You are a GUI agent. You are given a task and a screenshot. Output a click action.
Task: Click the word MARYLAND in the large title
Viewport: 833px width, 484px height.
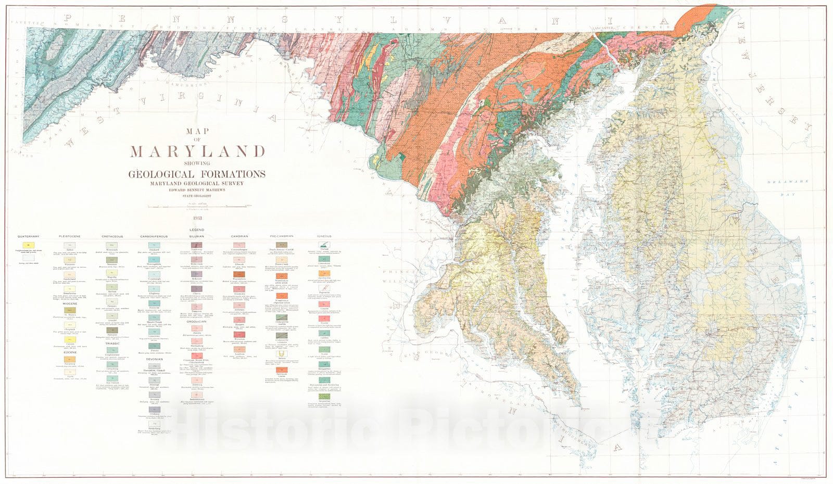pos(197,151)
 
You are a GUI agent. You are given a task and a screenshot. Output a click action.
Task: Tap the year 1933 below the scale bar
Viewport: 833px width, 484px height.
pos(197,218)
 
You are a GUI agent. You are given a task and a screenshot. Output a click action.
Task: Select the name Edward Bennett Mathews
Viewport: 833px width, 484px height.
pos(197,190)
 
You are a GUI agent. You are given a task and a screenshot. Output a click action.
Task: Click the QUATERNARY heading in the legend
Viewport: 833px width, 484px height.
pos(28,237)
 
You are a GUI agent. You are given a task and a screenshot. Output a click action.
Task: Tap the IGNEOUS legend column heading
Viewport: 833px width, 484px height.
pos(324,237)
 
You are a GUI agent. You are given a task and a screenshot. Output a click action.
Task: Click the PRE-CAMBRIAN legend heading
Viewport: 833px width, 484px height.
pos(282,237)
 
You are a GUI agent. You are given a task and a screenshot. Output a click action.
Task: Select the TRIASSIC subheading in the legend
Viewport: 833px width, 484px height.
pos(112,343)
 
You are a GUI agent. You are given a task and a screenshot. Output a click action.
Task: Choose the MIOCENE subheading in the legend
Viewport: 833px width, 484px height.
pos(70,304)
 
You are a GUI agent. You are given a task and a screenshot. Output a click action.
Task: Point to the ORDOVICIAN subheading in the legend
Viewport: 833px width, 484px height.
pos(197,322)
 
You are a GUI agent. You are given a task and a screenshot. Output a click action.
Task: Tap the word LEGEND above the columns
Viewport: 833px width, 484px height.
pos(197,230)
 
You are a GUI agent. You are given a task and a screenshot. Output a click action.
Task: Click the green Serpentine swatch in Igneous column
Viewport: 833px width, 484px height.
pos(324,396)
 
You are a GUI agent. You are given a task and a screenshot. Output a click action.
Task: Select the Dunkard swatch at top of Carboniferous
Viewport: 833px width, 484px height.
pos(154,245)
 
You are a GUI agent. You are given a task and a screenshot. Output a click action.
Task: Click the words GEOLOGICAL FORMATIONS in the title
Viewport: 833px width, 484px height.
pos(197,174)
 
